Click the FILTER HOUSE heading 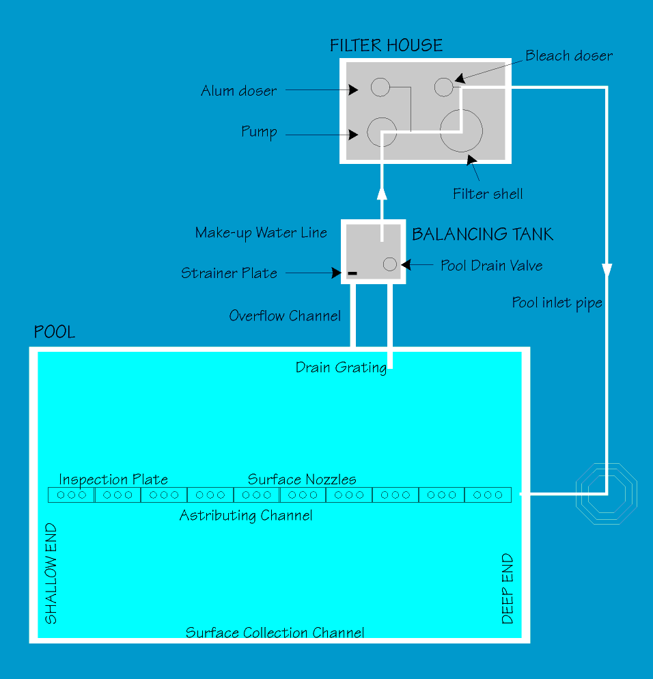(386, 46)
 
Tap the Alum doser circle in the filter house (380, 87)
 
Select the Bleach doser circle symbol (444, 87)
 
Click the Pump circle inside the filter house (382, 132)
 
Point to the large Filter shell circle (461, 130)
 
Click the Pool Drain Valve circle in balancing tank (390, 264)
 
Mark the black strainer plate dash (352, 273)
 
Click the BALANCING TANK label (482, 235)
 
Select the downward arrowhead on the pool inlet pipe (606, 270)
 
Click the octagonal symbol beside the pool (606, 493)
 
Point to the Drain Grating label (341, 368)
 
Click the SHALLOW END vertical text (51, 574)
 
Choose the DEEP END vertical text (508, 589)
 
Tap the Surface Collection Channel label (275, 633)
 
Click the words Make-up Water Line (261, 233)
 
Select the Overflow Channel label (285, 316)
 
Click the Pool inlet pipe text (557, 303)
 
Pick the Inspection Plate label (113, 480)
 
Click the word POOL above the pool (55, 333)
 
